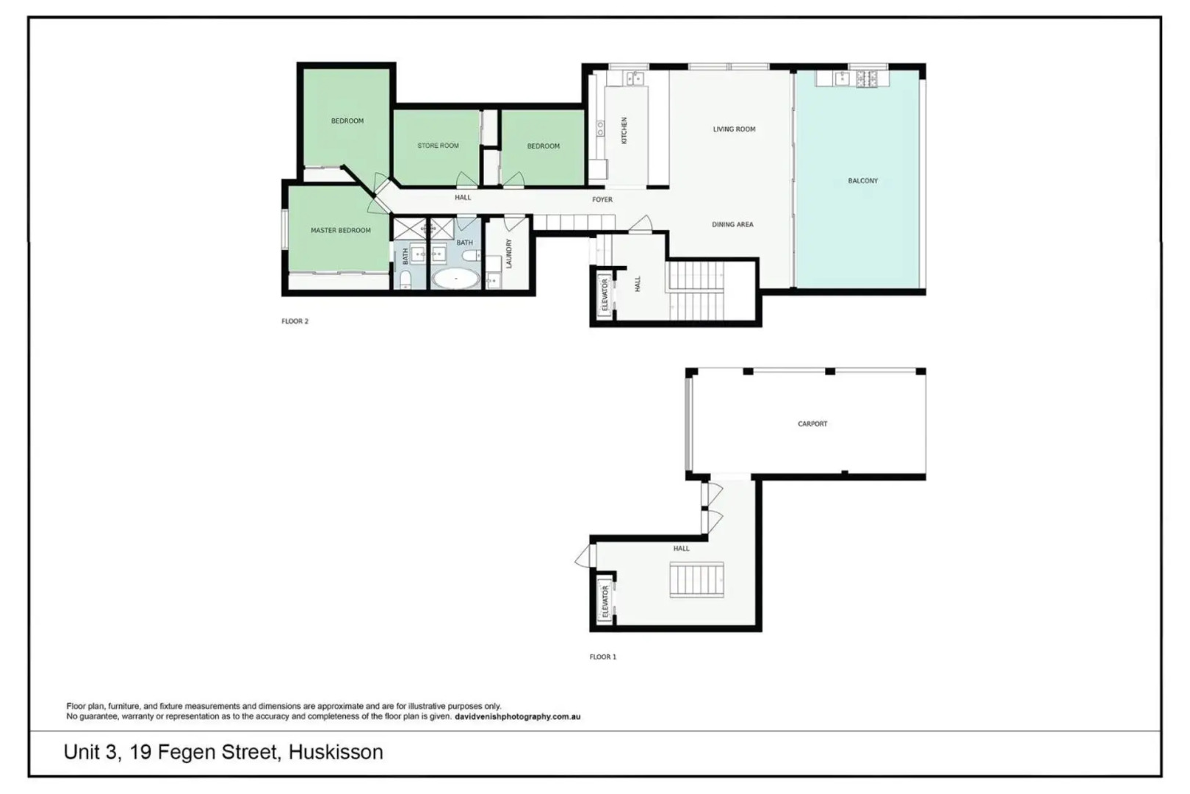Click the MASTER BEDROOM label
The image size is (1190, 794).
point(340,230)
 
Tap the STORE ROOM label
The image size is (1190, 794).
point(438,146)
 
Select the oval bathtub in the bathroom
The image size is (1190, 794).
point(455,279)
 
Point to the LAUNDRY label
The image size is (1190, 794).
point(508,253)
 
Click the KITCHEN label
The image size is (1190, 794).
point(624,130)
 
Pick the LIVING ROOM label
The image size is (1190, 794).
point(734,129)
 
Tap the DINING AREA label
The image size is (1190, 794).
point(732,224)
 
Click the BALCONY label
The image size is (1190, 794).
point(862,180)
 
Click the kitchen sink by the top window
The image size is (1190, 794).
point(634,77)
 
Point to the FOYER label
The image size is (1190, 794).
point(602,199)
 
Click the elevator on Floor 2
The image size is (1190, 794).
point(605,294)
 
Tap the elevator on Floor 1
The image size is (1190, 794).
point(605,601)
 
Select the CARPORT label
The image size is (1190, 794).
point(812,423)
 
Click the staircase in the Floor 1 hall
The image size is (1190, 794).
point(697,579)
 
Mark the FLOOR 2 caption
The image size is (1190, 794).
point(295,321)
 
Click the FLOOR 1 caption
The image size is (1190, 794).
point(602,657)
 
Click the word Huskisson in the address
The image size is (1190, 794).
point(336,752)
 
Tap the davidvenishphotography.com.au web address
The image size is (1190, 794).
point(517,716)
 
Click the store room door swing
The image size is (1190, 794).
point(465,179)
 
